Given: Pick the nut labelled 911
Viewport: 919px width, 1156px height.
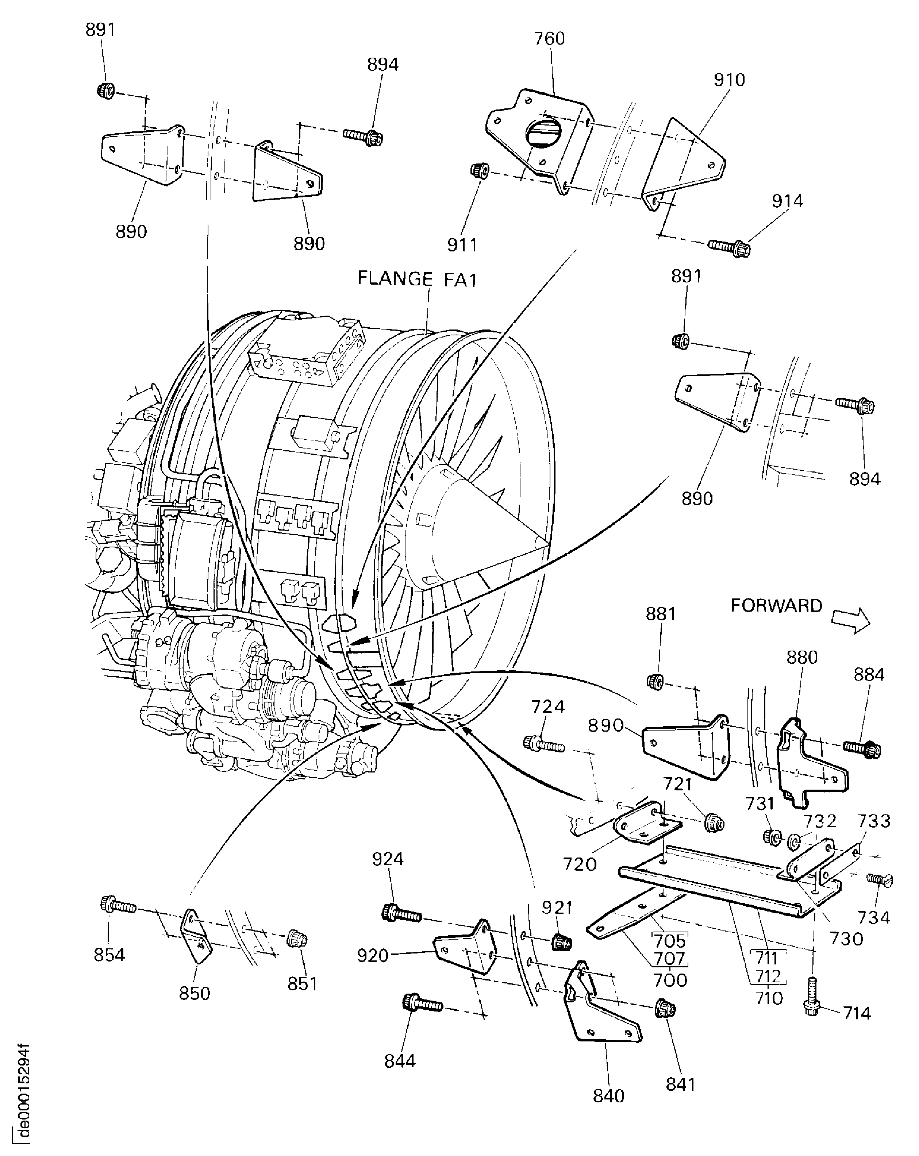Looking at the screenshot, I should pos(479,171).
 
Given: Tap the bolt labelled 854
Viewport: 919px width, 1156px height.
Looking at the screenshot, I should pos(118,906).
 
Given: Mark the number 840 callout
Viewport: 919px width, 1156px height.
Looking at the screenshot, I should pos(608,1096).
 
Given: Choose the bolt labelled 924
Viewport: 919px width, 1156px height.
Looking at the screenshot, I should pos(402,913).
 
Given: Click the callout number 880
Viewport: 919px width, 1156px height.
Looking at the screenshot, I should pos(801,657).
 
